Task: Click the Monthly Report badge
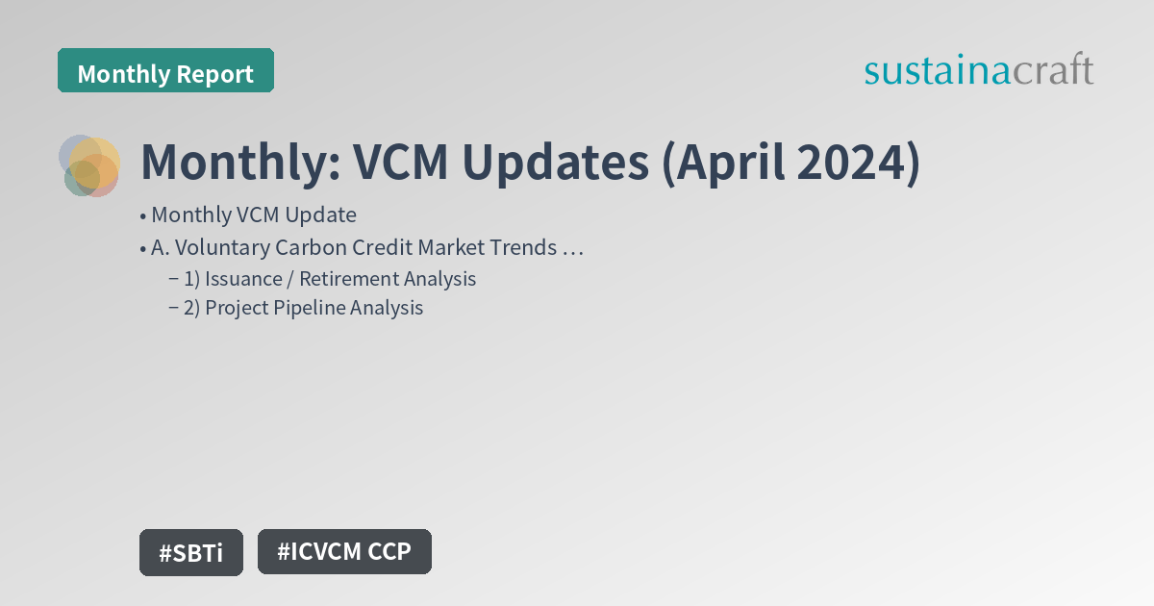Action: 165,73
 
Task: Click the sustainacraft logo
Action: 978,71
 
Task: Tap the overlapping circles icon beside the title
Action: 90,164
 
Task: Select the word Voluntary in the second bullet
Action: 210,247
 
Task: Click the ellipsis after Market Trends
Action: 573,248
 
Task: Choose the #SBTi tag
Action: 190,553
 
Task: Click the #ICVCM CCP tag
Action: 344,552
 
